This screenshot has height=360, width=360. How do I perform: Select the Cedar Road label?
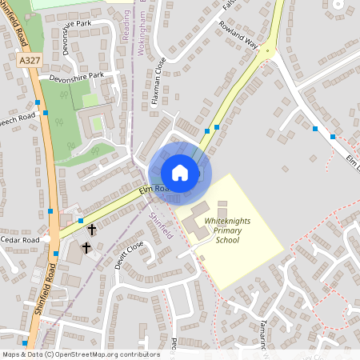click(x=20, y=239)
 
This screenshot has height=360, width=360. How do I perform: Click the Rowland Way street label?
click(x=238, y=35)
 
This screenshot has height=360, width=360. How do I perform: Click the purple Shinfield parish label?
click(x=160, y=222)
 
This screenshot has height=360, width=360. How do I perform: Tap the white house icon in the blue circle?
click(x=180, y=173)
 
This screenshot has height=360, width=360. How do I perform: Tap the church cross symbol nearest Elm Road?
click(x=91, y=230)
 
